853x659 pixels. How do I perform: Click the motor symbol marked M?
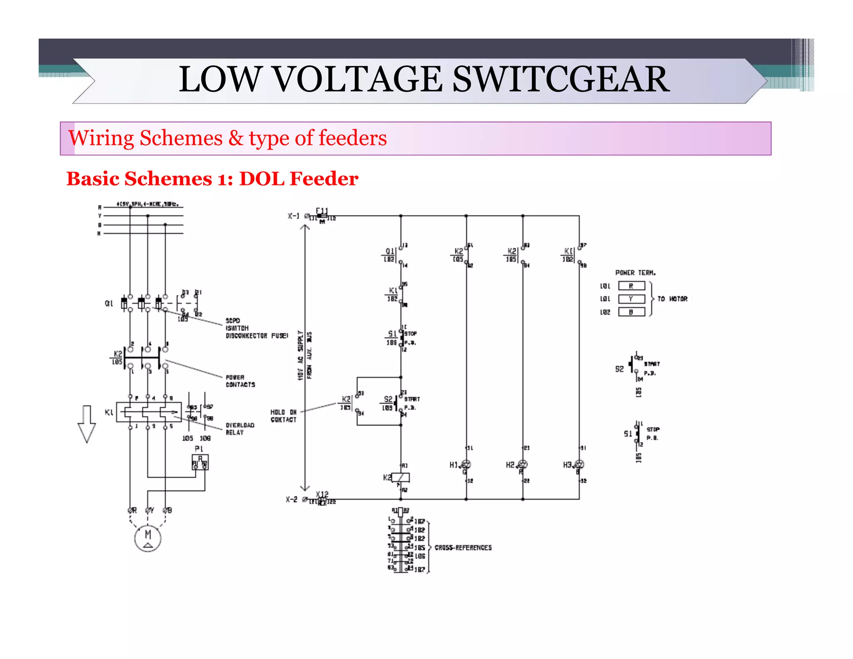[x=147, y=538]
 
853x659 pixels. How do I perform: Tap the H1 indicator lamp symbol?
[x=466, y=464]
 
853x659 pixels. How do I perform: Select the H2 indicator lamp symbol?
[x=522, y=464]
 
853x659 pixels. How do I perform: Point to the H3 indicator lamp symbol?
[x=579, y=464]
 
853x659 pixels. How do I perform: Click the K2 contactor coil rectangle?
[x=401, y=477]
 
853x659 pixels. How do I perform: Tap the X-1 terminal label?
[x=293, y=216]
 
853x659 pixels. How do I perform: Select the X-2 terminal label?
[x=292, y=499]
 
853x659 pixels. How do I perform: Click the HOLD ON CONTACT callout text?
[x=283, y=416]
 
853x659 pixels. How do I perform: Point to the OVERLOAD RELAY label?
[x=239, y=429]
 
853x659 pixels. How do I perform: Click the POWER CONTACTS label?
[x=240, y=381]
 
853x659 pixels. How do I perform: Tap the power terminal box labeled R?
[x=631, y=286]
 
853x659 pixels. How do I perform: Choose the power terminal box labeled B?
[x=631, y=312]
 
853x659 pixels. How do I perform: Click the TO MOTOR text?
[x=672, y=299]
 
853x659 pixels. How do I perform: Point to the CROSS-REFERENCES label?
[x=463, y=547]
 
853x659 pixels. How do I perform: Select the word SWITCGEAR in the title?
[x=561, y=79]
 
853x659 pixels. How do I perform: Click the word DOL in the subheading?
[x=262, y=179]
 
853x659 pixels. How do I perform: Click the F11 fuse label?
[x=322, y=211]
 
